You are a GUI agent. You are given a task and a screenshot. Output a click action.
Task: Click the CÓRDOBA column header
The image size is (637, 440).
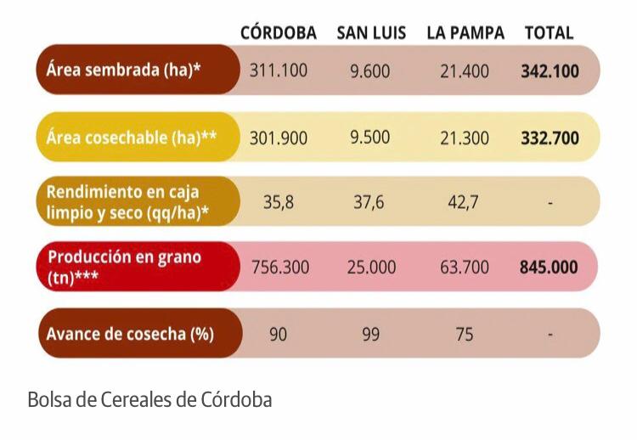(278, 33)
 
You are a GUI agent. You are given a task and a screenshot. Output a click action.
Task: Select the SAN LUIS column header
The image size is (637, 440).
(370, 33)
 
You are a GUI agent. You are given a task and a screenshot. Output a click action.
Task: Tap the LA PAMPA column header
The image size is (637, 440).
(465, 33)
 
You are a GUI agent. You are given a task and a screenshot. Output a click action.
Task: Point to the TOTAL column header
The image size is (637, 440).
(549, 33)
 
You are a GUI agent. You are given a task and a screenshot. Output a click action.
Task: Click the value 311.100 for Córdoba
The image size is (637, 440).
(278, 71)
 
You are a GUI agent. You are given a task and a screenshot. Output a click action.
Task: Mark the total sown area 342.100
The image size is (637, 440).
(550, 71)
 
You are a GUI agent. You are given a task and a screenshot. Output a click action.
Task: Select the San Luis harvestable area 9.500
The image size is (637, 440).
(370, 138)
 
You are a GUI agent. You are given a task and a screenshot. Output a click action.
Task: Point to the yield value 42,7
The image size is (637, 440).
(465, 202)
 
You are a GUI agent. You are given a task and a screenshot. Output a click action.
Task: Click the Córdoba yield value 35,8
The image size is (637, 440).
(278, 202)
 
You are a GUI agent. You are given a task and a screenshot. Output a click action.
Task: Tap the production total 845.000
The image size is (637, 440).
(549, 267)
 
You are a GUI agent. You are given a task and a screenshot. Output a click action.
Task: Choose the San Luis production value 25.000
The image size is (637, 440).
(371, 267)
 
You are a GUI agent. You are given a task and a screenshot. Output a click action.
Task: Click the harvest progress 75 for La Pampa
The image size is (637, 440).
(465, 334)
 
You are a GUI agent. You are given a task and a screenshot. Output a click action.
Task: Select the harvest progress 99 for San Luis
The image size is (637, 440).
(370, 334)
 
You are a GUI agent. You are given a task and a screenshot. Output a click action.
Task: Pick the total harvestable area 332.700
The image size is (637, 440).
(550, 138)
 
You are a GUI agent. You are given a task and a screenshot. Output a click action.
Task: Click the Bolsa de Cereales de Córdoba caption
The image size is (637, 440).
(149, 398)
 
